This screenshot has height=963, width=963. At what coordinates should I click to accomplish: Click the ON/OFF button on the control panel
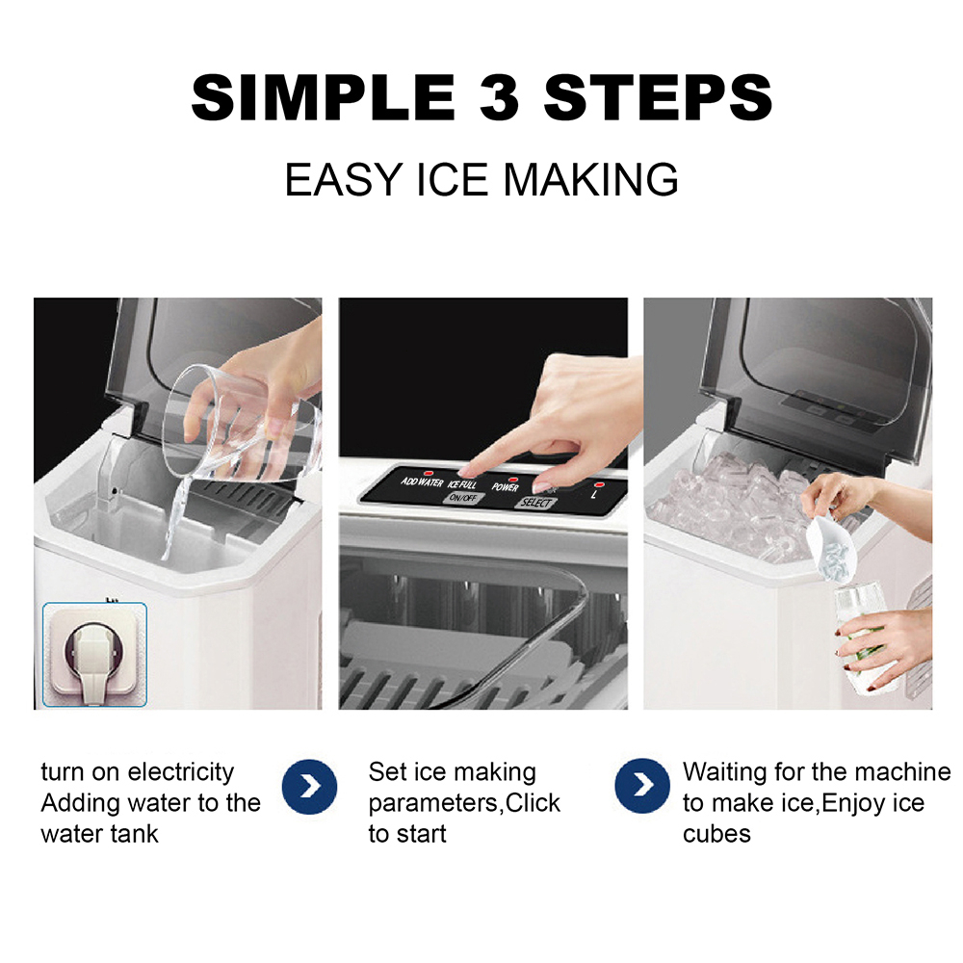tap(462, 498)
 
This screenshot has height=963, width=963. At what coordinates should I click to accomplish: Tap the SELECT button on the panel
tap(535, 503)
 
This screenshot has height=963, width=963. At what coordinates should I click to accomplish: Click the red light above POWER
tap(513, 479)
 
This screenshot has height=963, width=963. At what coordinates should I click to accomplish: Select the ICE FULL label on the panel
tap(462, 484)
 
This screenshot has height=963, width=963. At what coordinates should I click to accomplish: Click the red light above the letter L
tap(599, 485)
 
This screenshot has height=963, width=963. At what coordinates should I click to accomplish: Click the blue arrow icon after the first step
tap(309, 786)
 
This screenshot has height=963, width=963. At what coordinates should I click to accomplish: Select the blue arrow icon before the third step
tap(642, 786)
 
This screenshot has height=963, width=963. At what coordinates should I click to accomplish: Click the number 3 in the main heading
tap(499, 97)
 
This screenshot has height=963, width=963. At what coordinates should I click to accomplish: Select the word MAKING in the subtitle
tap(590, 180)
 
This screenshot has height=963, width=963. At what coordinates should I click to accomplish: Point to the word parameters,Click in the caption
tap(464, 803)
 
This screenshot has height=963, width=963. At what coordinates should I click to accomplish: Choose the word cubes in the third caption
tap(716, 834)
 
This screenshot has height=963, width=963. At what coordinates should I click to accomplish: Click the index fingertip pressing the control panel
tap(467, 471)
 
